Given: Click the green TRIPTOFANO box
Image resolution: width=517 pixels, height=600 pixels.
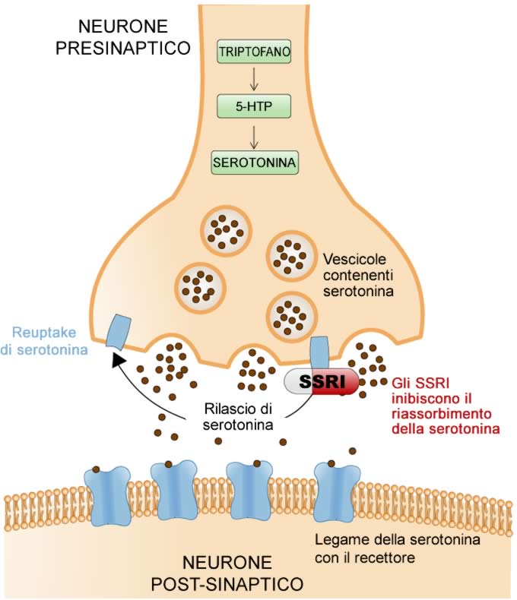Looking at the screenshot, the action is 254,52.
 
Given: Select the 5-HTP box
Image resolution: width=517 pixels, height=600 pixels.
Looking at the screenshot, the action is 254,106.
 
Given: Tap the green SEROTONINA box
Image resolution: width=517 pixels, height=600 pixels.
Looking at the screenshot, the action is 255,163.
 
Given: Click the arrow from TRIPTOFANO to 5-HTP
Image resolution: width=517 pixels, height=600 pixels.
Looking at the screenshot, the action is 254,79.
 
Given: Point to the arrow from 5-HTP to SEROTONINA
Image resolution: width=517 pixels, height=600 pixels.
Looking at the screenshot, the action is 254,137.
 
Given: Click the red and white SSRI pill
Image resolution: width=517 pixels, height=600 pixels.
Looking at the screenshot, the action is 322,381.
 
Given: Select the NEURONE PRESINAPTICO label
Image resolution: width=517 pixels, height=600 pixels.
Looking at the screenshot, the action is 123,37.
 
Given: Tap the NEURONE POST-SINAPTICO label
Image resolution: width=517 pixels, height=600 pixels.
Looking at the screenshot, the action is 227,573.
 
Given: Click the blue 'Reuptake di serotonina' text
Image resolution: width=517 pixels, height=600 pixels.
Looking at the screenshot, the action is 44,340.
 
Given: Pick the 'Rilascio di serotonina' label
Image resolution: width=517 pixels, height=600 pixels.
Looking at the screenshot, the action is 238,416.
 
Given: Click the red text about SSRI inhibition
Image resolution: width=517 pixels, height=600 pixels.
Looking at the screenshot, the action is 446,406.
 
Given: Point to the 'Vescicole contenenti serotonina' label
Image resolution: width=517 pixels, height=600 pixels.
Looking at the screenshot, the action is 358,275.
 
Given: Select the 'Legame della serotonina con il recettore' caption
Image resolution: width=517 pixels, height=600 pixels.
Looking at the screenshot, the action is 398,548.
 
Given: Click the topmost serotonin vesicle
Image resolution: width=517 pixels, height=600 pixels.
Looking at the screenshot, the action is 227,231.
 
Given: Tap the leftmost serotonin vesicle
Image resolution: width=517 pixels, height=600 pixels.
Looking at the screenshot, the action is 200,287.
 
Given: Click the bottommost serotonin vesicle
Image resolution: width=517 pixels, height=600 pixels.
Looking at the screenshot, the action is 292,317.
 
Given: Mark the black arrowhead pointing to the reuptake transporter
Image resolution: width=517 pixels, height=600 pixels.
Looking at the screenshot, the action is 119,361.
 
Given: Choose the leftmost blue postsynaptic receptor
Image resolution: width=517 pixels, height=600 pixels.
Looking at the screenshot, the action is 107,492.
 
